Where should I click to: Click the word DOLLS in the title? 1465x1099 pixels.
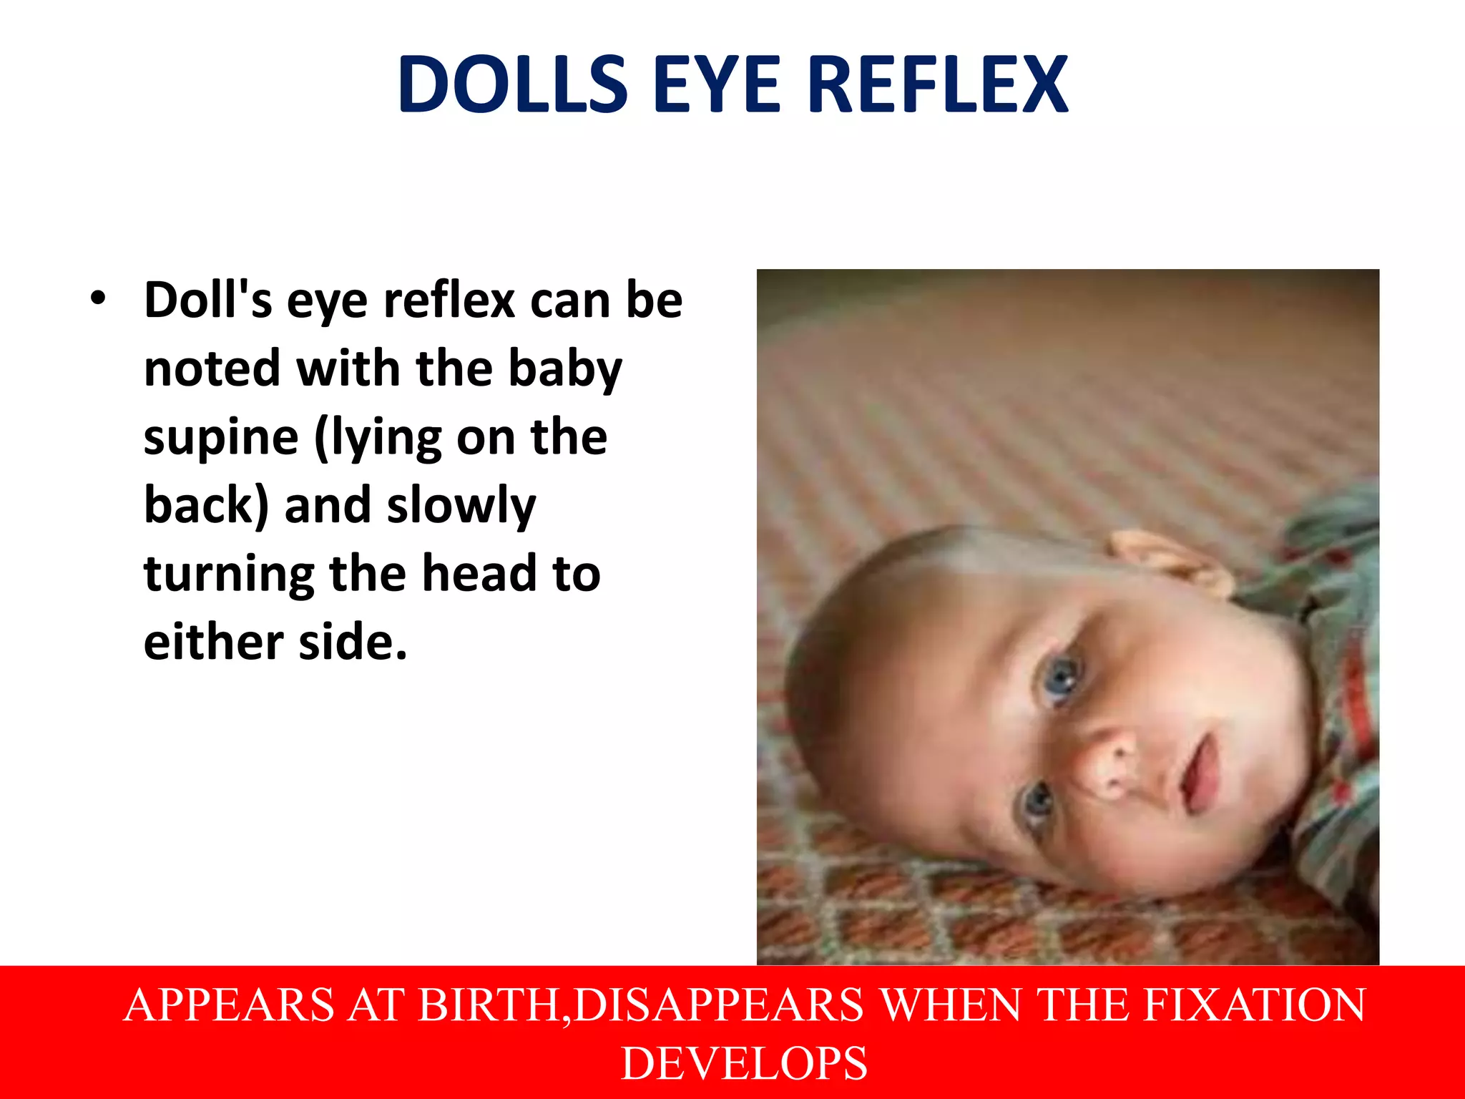click(512, 84)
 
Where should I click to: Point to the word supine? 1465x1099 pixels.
click(220, 437)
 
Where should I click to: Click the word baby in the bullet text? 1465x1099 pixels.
click(564, 369)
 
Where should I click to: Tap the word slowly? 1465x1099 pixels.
click(461, 505)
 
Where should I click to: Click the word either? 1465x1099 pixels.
click(213, 642)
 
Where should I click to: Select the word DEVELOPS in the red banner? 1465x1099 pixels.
click(744, 1063)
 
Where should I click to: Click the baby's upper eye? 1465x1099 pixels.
click(1061, 675)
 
